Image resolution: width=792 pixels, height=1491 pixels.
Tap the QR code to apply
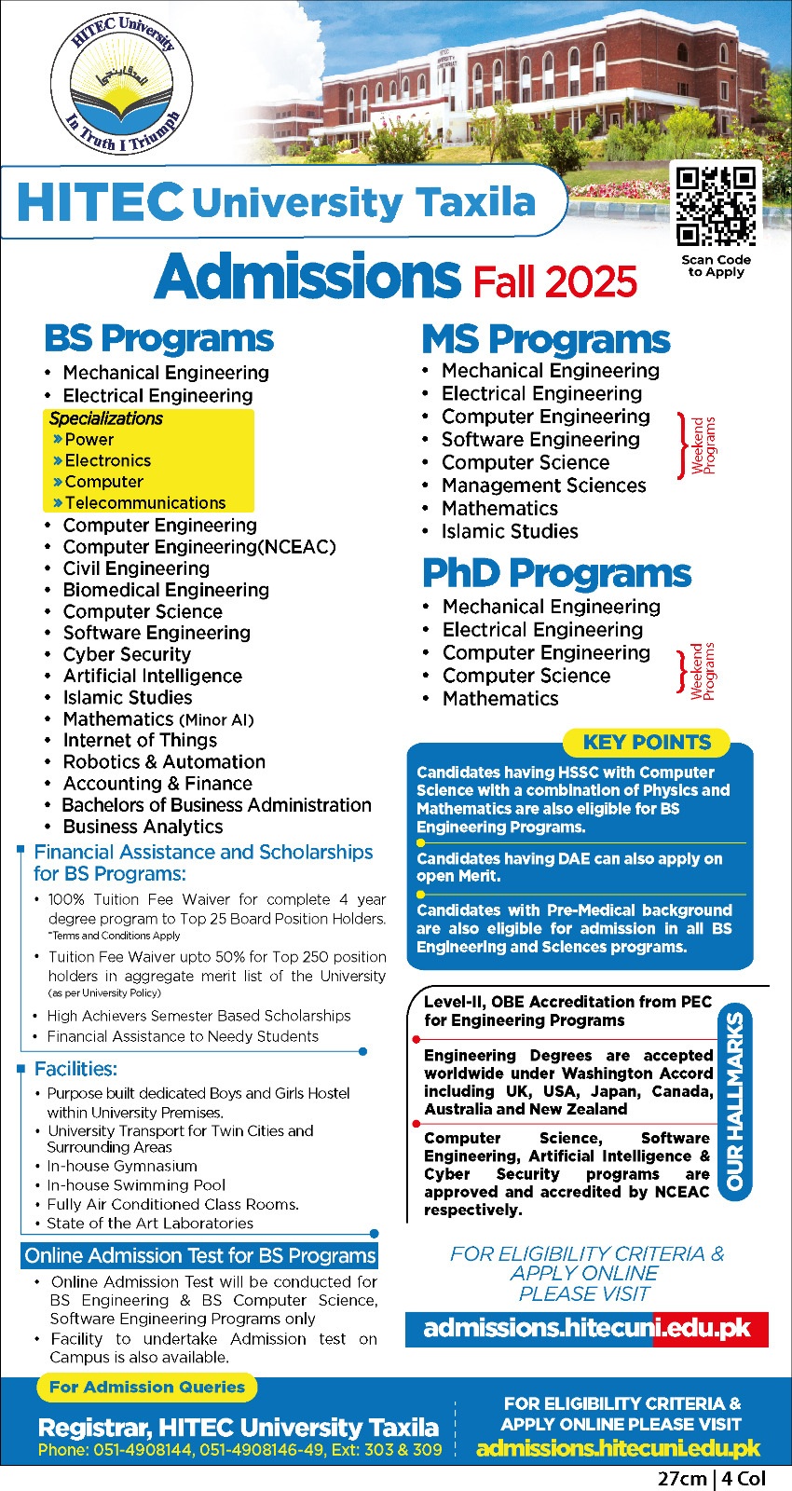716,206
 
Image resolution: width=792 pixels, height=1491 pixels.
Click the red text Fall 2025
555,281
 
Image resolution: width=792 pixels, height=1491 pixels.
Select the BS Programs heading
159,338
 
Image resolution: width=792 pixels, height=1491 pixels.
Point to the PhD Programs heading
556,573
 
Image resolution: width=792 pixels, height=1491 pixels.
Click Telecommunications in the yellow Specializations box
145,503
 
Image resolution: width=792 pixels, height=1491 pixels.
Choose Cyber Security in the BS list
127,654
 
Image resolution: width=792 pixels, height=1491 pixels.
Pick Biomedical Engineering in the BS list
166,590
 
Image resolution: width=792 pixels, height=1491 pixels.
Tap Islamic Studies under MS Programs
510,531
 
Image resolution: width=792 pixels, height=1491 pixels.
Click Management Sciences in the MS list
543,486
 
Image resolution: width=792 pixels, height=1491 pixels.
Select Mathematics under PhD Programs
500,699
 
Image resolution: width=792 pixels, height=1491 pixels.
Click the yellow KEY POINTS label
647,743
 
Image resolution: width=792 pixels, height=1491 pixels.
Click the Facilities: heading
75,1069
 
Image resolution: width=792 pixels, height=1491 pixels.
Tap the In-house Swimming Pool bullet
136,1185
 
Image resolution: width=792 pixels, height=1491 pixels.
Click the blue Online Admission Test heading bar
199,1256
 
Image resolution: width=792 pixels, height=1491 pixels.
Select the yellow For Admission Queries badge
147,1387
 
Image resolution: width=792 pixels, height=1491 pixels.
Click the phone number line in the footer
239,1450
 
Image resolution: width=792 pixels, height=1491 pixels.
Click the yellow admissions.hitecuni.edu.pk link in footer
618,1448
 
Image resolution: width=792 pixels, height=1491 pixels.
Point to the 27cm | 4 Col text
712,1479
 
